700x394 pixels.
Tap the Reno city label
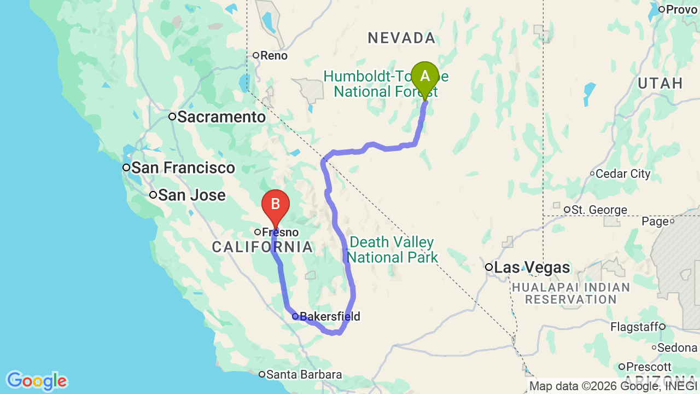273,55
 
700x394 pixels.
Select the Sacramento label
221,117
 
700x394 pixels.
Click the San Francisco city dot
126,167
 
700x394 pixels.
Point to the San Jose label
191,195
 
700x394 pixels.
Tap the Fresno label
280,232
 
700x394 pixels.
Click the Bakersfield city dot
295,316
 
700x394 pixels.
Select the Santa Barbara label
304,375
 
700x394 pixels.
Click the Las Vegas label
532,268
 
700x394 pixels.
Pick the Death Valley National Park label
392,250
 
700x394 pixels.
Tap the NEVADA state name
401,38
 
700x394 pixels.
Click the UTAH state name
660,83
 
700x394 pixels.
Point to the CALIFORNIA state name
262,247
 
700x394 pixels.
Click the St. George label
600,210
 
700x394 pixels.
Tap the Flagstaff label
634,327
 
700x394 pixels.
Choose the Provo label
681,9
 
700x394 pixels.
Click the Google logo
37,381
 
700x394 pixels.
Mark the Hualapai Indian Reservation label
571,293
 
